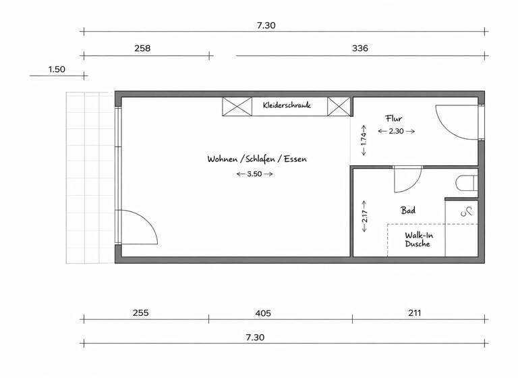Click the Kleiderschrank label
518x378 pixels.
(x=287, y=105)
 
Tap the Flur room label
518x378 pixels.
(x=394, y=119)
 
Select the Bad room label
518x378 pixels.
(x=408, y=211)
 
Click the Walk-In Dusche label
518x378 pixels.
(x=418, y=240)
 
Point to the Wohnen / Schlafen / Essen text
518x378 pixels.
(x=257, y=159)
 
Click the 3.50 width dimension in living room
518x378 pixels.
(x=254, y=174)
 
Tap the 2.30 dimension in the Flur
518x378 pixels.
(x=396, y=132)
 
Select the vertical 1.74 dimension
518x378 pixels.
(x=364, y=140)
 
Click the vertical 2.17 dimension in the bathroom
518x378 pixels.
(x=364, y=216)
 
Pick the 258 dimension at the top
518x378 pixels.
(x=142, y=49)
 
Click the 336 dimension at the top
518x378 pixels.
(x=360, y=49)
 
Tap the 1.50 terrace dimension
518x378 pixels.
(x=57, y=70)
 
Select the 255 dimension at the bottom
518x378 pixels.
(x=140, y=313)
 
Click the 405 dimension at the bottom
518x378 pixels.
(x=263, y=313)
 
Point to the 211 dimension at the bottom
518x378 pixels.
(x=415, y=313)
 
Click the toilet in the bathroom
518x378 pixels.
(x=467, y=183)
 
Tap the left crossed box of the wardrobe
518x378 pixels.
(x=237, y=106)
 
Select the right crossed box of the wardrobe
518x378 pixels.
(x=339, y=106)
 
